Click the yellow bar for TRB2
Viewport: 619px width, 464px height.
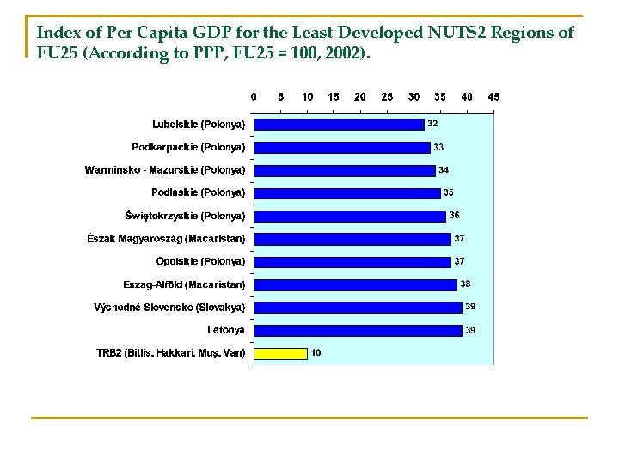[281, 352]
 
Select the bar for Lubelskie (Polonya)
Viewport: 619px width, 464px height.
[340, 124]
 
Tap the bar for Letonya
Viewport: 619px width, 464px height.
[359, 330]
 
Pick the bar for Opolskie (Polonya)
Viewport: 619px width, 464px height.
[352, 261]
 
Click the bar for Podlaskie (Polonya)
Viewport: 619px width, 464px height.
[347, 192]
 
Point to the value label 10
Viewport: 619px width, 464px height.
[316, 352]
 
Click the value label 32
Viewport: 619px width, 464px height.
[433, 124]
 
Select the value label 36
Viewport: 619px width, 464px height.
[455, 215]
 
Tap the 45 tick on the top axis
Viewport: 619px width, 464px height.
[493, 97]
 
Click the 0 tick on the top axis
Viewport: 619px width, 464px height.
[254, 97]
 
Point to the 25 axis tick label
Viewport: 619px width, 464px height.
[387, 97]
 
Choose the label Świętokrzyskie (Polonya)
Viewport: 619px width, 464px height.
[185, 216]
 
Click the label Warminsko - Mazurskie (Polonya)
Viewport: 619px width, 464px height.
[165, 170]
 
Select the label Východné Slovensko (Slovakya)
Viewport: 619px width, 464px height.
[169, 307]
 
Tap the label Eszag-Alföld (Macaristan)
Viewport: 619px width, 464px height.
[184, 284]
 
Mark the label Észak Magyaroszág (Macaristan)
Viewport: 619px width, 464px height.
[166, 238]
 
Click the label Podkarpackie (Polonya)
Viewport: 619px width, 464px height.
[188, 147]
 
